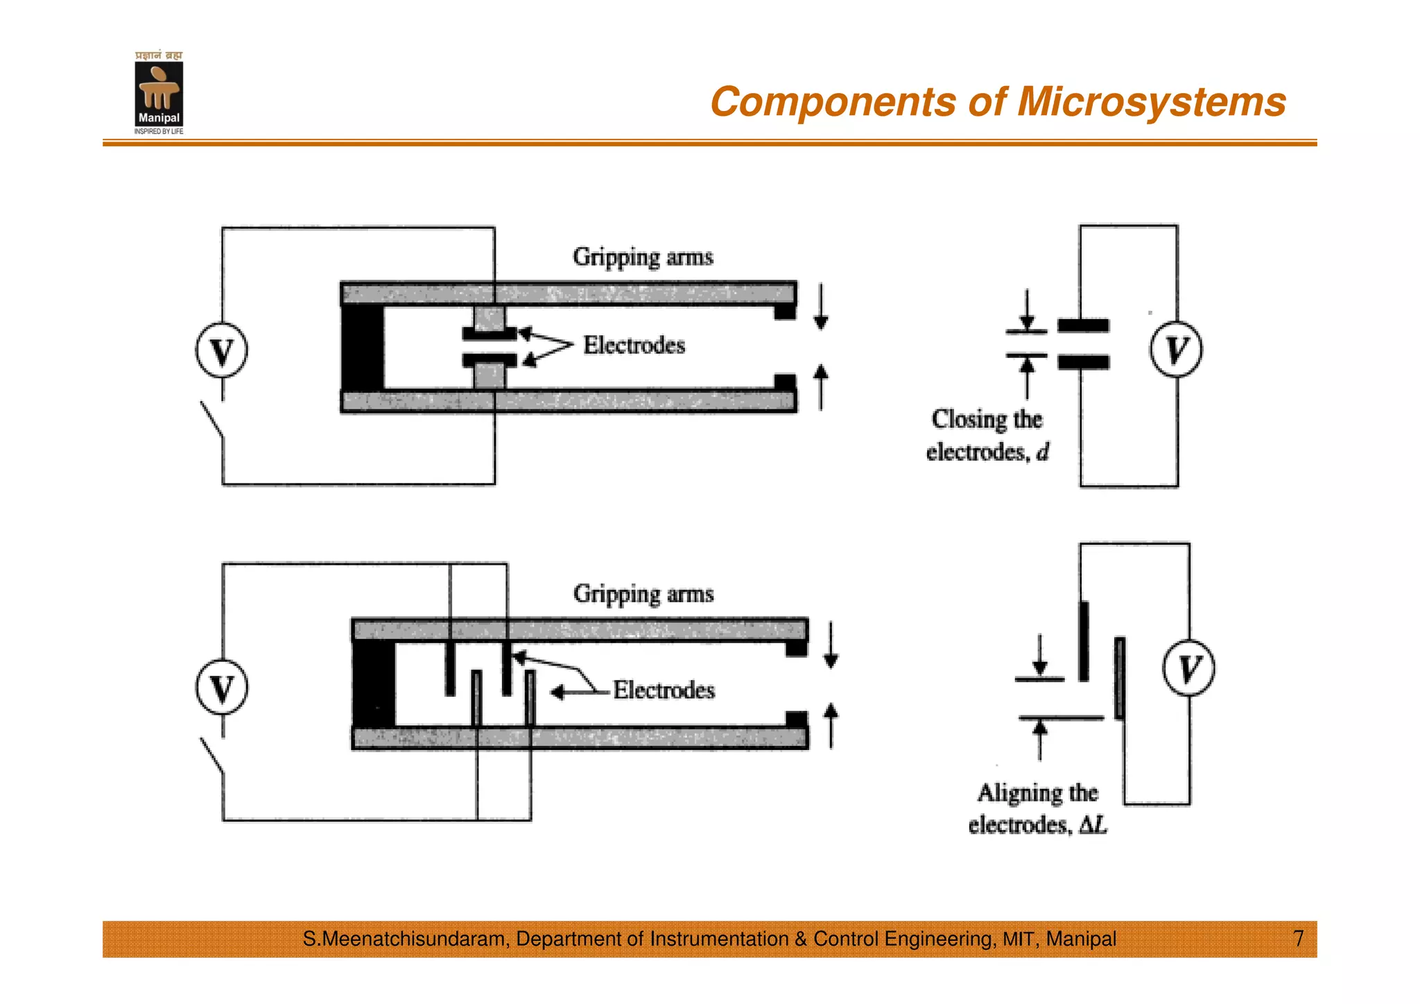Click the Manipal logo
(x=159, y=93)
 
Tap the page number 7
(x=1298, y=939)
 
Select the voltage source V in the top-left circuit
(x=221, y=351)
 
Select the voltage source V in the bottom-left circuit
(x=221, y=688)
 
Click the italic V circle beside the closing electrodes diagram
(x=1176, y=350)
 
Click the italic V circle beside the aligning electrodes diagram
(x=1188, y=668)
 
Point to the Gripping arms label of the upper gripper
(x=643, y=257)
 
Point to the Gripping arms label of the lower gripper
(x=643, y=595)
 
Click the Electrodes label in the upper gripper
(x=634, y=346)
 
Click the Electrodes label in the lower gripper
(x=664, y=690)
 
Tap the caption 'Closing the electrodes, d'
(x=987, y=436)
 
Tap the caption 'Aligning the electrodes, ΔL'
(x=1037, y=808)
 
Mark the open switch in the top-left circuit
(x=212, y=419)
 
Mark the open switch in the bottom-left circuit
(x=212, y=756)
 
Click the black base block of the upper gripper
(x=363, y=348)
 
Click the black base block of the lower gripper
(x=374, y=684)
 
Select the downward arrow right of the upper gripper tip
(x=821, y=306)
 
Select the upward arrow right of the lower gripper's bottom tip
(x=831, y=726)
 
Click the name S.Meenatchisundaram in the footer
(x=406, y=939)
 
